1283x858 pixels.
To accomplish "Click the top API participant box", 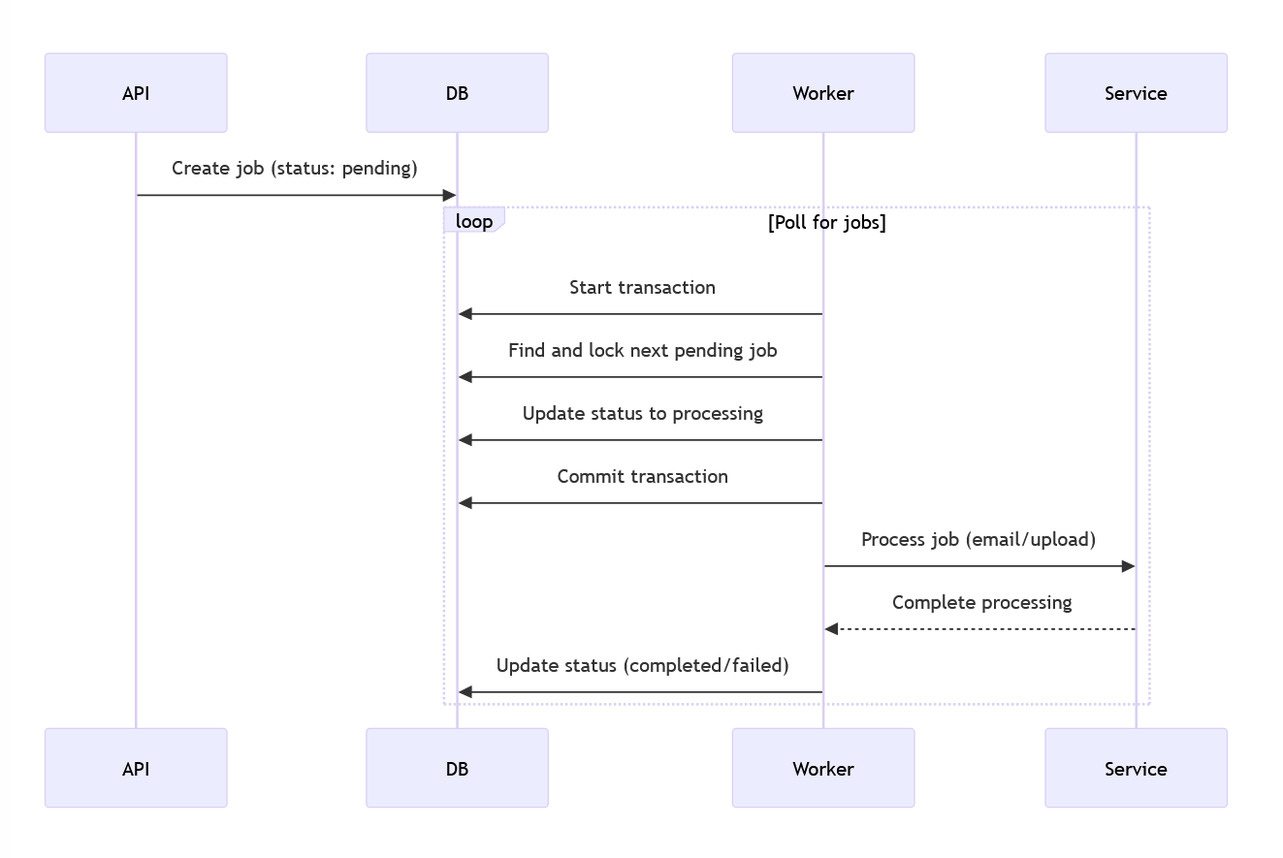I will [x=136, y=93].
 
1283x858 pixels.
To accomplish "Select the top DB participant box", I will [x=457, y=93].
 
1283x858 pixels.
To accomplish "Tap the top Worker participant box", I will [x=822, y=93].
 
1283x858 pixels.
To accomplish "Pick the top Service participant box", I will [x=1136, y=93].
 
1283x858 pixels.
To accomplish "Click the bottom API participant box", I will [x=136, y=768].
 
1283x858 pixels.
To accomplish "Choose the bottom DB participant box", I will [x=457, y=768].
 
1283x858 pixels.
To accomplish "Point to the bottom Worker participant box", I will [x=822, y=768].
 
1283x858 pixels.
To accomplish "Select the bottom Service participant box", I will [x=1136, y=768].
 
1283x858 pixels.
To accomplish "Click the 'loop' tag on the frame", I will [x=474, y=221].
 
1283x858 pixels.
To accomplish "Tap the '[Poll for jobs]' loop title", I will [x=826, y=222].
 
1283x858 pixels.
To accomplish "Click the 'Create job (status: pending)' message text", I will [x=295, y=169].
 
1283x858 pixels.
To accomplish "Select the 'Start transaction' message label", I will [x=642, y=288].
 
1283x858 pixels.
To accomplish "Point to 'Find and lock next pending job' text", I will [x=642, y=351].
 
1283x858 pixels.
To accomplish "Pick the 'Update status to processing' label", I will [x=642, y=414].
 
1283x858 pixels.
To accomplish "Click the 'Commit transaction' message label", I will [x=642, y=477].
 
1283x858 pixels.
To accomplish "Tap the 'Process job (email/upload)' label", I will [x=978, y=540].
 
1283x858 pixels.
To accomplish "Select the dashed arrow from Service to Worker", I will [x=979, y=629].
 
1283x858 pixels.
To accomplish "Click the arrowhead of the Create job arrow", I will [x=449, y=196].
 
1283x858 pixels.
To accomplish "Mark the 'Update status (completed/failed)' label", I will [x=642, y=666].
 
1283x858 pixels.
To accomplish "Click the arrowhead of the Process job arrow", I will [x=1128, y=566].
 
